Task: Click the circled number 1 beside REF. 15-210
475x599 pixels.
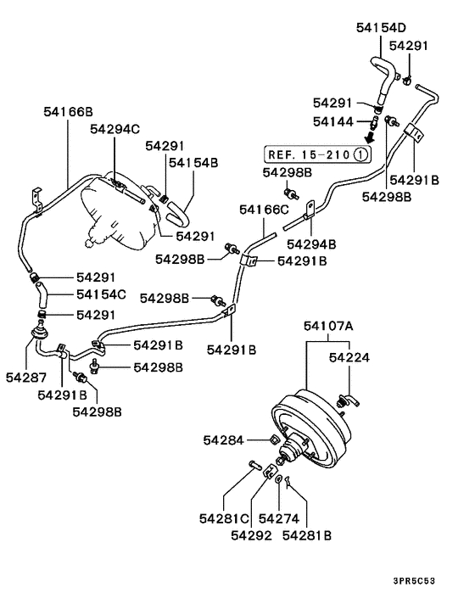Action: (x=360, y=154)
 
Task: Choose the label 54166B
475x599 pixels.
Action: (x=68, y=111)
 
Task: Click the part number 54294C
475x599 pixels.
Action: (x=115, y=128)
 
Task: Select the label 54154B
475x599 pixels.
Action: (x=193, y=162)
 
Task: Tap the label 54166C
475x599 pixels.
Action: (x=264, y=209)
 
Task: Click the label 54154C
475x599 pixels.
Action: (x=101, y=294)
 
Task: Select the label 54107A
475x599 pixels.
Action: (x=330, y=324)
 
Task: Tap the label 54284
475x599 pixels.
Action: (x=223, y=439)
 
